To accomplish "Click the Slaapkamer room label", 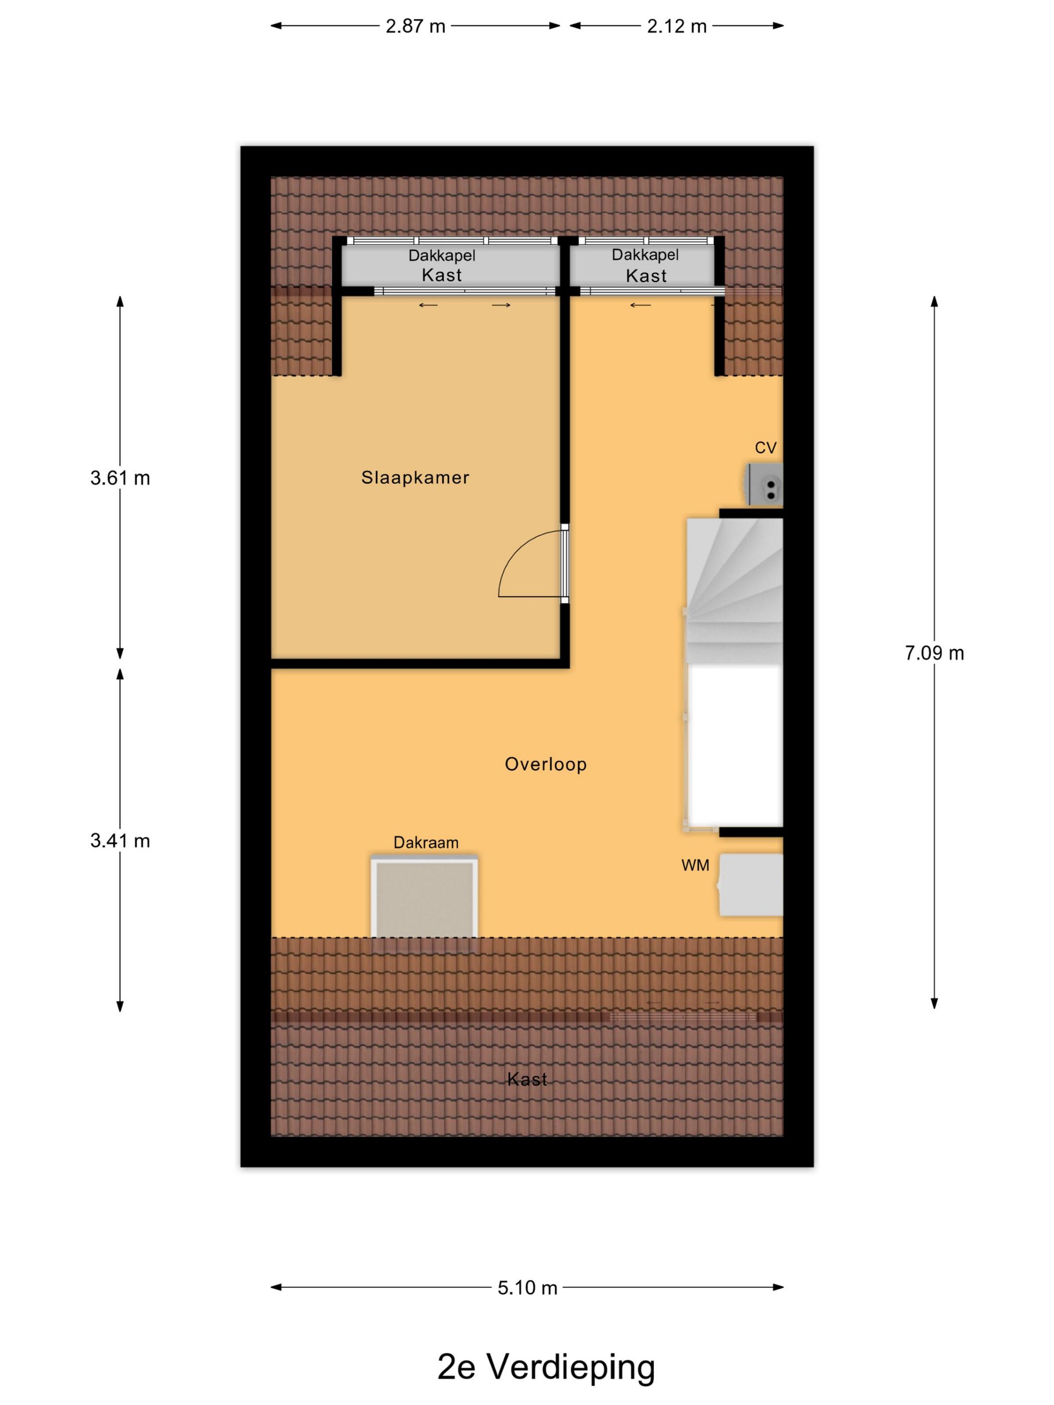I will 415,478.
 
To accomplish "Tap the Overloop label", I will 545,764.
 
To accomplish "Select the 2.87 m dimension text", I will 416,27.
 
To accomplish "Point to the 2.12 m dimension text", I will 677,27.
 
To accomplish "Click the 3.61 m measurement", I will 120,478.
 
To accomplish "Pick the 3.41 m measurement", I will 120,841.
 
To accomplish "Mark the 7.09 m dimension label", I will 934,653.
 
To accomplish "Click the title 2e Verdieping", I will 546,1367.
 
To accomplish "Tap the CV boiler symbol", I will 764,485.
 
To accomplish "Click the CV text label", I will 765,448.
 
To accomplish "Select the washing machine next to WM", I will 750,885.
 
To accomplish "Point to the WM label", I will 695,865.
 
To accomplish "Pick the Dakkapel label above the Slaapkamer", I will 442,256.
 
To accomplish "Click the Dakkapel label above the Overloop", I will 645,255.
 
